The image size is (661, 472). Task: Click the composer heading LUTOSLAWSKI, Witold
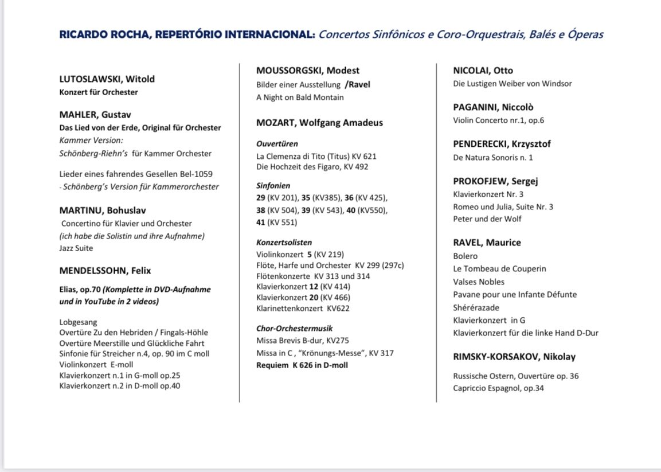pyautogui.click(x=107, y=79)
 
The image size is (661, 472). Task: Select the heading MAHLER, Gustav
pyautogui.click(x=95, y=114)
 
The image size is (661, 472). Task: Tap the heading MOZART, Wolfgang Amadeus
pyautogui.click(x=319, y=123)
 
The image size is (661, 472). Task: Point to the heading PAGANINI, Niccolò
pyautogui.click(x=493, y=107)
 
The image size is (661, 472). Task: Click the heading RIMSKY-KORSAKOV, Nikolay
pyautogui.click(x=514, y=357)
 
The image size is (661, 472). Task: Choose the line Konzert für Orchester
pyautogui.click(x=99, y=92)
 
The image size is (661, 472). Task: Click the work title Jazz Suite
pyautogui.click(x=76, y=248)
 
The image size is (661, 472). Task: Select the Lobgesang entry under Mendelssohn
pyautogui.click(x=78, y=322)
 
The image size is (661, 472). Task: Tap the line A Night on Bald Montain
pyautogui.click(x=300, y=97)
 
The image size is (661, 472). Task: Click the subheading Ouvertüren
pyautogui.click(x=277, y=144)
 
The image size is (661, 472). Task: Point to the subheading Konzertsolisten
pyautogui.click(x=284, y=243)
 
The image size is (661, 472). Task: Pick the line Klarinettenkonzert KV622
pyautogui.click(x=303, y=309)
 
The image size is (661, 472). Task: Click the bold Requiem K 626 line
pyautogui.click(x=302, y=365)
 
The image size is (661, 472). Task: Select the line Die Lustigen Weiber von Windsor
pyautogui.click(x=512, y=84)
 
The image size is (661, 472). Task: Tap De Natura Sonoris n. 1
pyautogui.click(x=492, y=158)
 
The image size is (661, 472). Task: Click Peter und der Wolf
pyautogui.click(x=487, y=219)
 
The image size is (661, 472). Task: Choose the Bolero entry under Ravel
pyautogui.click(x=465, y=256)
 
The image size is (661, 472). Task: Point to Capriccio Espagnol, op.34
pyautogui.click(x=498, y=388)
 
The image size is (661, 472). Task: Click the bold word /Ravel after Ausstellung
pyautogui.click(x=357, y=85)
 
